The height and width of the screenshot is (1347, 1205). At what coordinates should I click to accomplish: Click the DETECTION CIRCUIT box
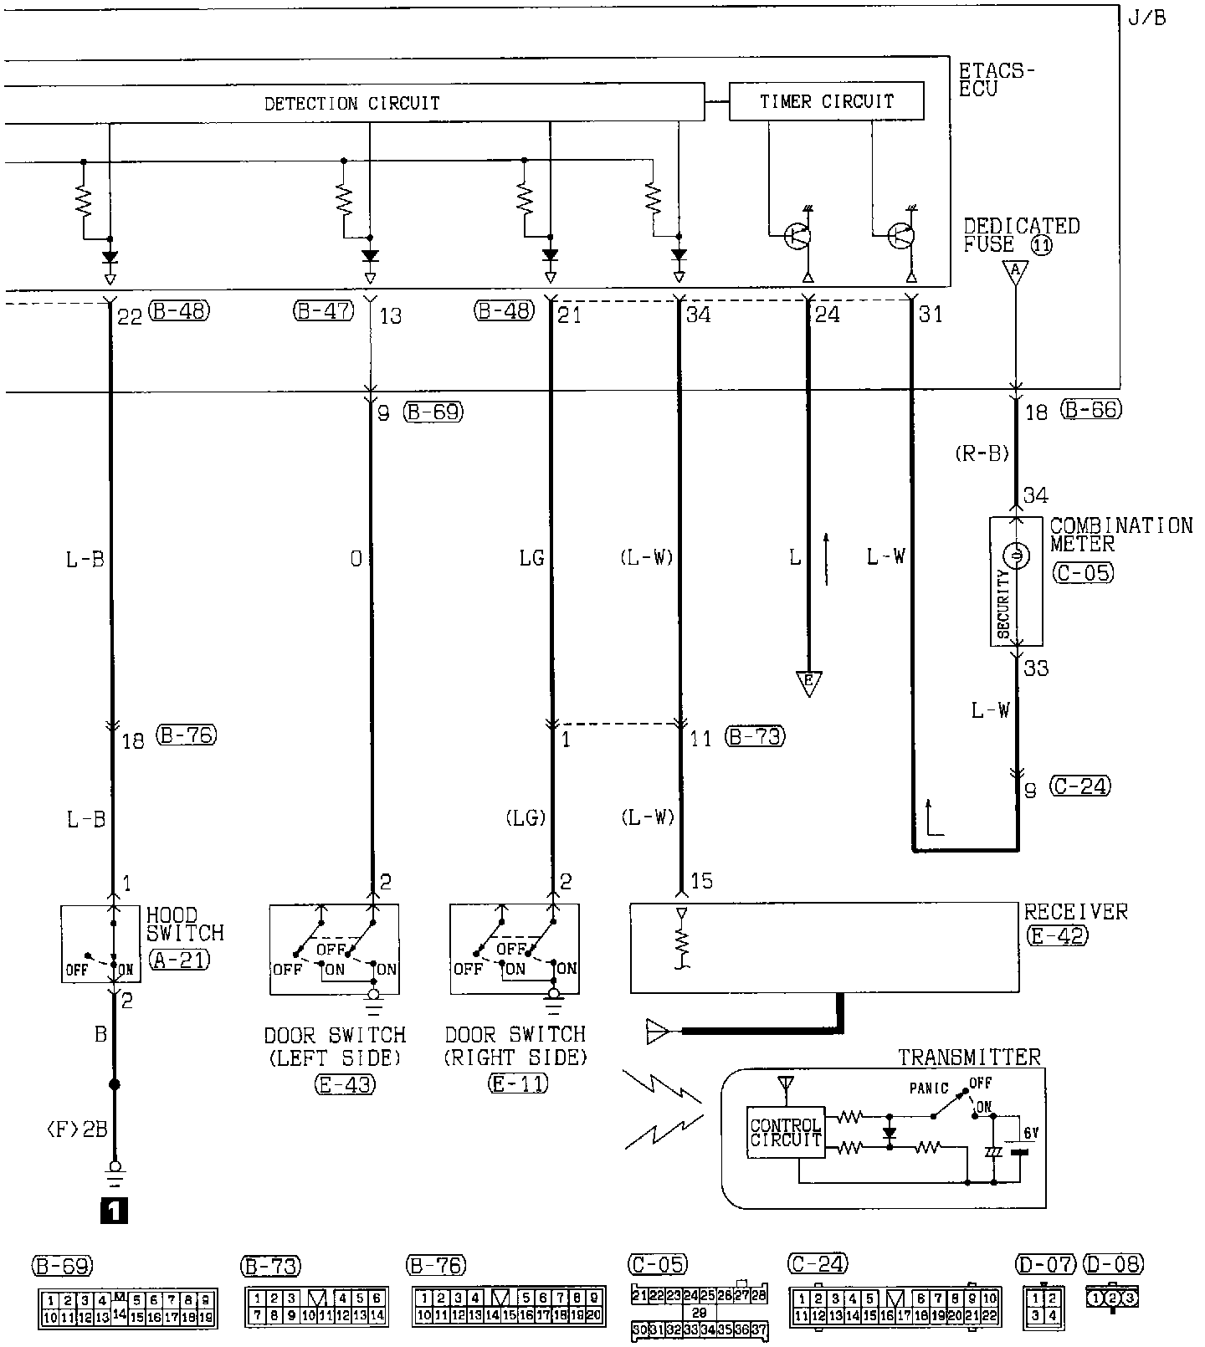click(x=352, y=103)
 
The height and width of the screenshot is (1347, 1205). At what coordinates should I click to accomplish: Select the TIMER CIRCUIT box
click(x=827, y=101)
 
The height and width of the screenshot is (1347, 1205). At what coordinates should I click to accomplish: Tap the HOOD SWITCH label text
click(x=185, y=924)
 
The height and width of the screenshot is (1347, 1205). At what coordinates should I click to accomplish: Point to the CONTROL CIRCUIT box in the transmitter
click(x=786, y=1132)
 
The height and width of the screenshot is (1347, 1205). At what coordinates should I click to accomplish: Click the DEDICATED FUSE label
click(x=1021, y=235)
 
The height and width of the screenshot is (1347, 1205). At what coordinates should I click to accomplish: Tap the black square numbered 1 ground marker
click(x=114, y=1210)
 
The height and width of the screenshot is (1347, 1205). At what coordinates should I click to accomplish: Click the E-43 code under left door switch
click(x=345, y=1084)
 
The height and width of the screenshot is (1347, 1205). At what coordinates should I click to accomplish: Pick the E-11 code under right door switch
click(x=517, y=1083)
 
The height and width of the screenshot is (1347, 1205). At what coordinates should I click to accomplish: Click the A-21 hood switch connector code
click(x=179, y=959)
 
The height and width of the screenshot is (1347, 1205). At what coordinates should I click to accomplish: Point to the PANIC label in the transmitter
click(x=929, y=1088)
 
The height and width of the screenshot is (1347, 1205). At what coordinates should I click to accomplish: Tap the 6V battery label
click(x=1031, y=1132)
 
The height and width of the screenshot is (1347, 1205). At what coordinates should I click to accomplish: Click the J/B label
click(x=1146, y=18)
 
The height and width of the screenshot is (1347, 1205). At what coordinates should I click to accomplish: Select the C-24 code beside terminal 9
click(x=1080, y=786)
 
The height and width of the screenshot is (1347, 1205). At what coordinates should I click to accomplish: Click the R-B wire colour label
click(x=982, y=453)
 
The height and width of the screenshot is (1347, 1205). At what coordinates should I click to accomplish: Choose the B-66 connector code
click(x=1090, y=410)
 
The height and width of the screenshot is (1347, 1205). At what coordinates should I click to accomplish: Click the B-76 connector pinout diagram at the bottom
click(x=509, y=1308)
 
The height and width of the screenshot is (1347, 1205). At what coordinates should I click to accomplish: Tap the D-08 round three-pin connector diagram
click(x=1112, y=1298)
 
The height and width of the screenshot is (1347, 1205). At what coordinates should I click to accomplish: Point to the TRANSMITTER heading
click(x=969, y=1057)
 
